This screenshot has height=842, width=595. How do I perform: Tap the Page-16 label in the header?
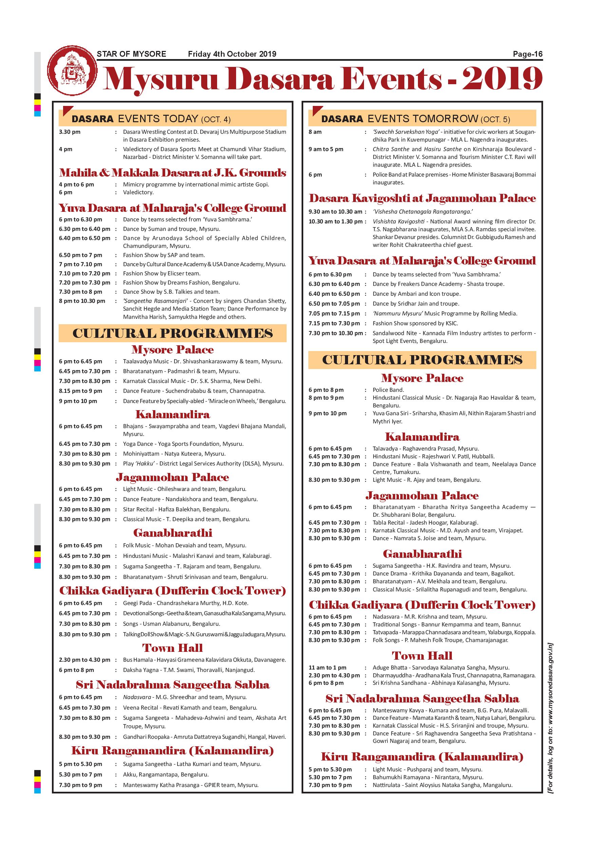click(x=527, y=54)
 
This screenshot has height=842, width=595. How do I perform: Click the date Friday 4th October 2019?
click(x=232, y=54)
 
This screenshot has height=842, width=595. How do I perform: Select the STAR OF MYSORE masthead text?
click(x=131, y=54)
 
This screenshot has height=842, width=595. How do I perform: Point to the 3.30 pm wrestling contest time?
click(x=70, y=132)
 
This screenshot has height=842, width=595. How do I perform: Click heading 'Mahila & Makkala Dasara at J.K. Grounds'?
click(x=173, y=173)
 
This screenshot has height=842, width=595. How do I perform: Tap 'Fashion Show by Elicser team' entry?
click(x=161, y=273)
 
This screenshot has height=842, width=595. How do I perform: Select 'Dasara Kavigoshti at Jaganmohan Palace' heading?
click(x=422, y=198)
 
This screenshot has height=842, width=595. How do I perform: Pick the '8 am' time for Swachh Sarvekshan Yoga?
click(x=315, y=132)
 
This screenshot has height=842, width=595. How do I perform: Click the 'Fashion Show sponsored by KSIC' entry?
click(x=415, y=323)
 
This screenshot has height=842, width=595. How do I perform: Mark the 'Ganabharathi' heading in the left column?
click(x=173, y=533)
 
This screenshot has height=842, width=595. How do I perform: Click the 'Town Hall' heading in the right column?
click(x=422, y=655)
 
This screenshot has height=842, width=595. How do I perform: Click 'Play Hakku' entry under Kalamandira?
click(x=203, y=463)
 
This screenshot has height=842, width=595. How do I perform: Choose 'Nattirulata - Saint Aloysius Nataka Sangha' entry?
click(x=442, y=785)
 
